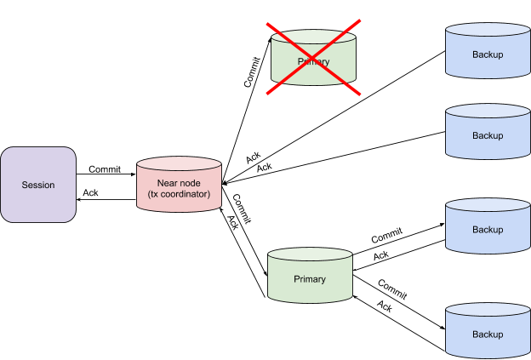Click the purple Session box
click(38, 185)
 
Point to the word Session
click(38, 185)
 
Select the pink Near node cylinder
click(179, 186)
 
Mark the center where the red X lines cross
click(313, 56)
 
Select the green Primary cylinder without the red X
click(310, 276)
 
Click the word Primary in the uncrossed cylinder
click(310, 279)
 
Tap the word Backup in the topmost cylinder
click(488, 54)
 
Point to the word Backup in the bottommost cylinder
click(488, 334)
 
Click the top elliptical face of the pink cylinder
click(179, 164)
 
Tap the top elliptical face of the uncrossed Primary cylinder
click(310, 255)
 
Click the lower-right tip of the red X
click(361, 94)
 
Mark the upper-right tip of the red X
click(360, 20)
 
